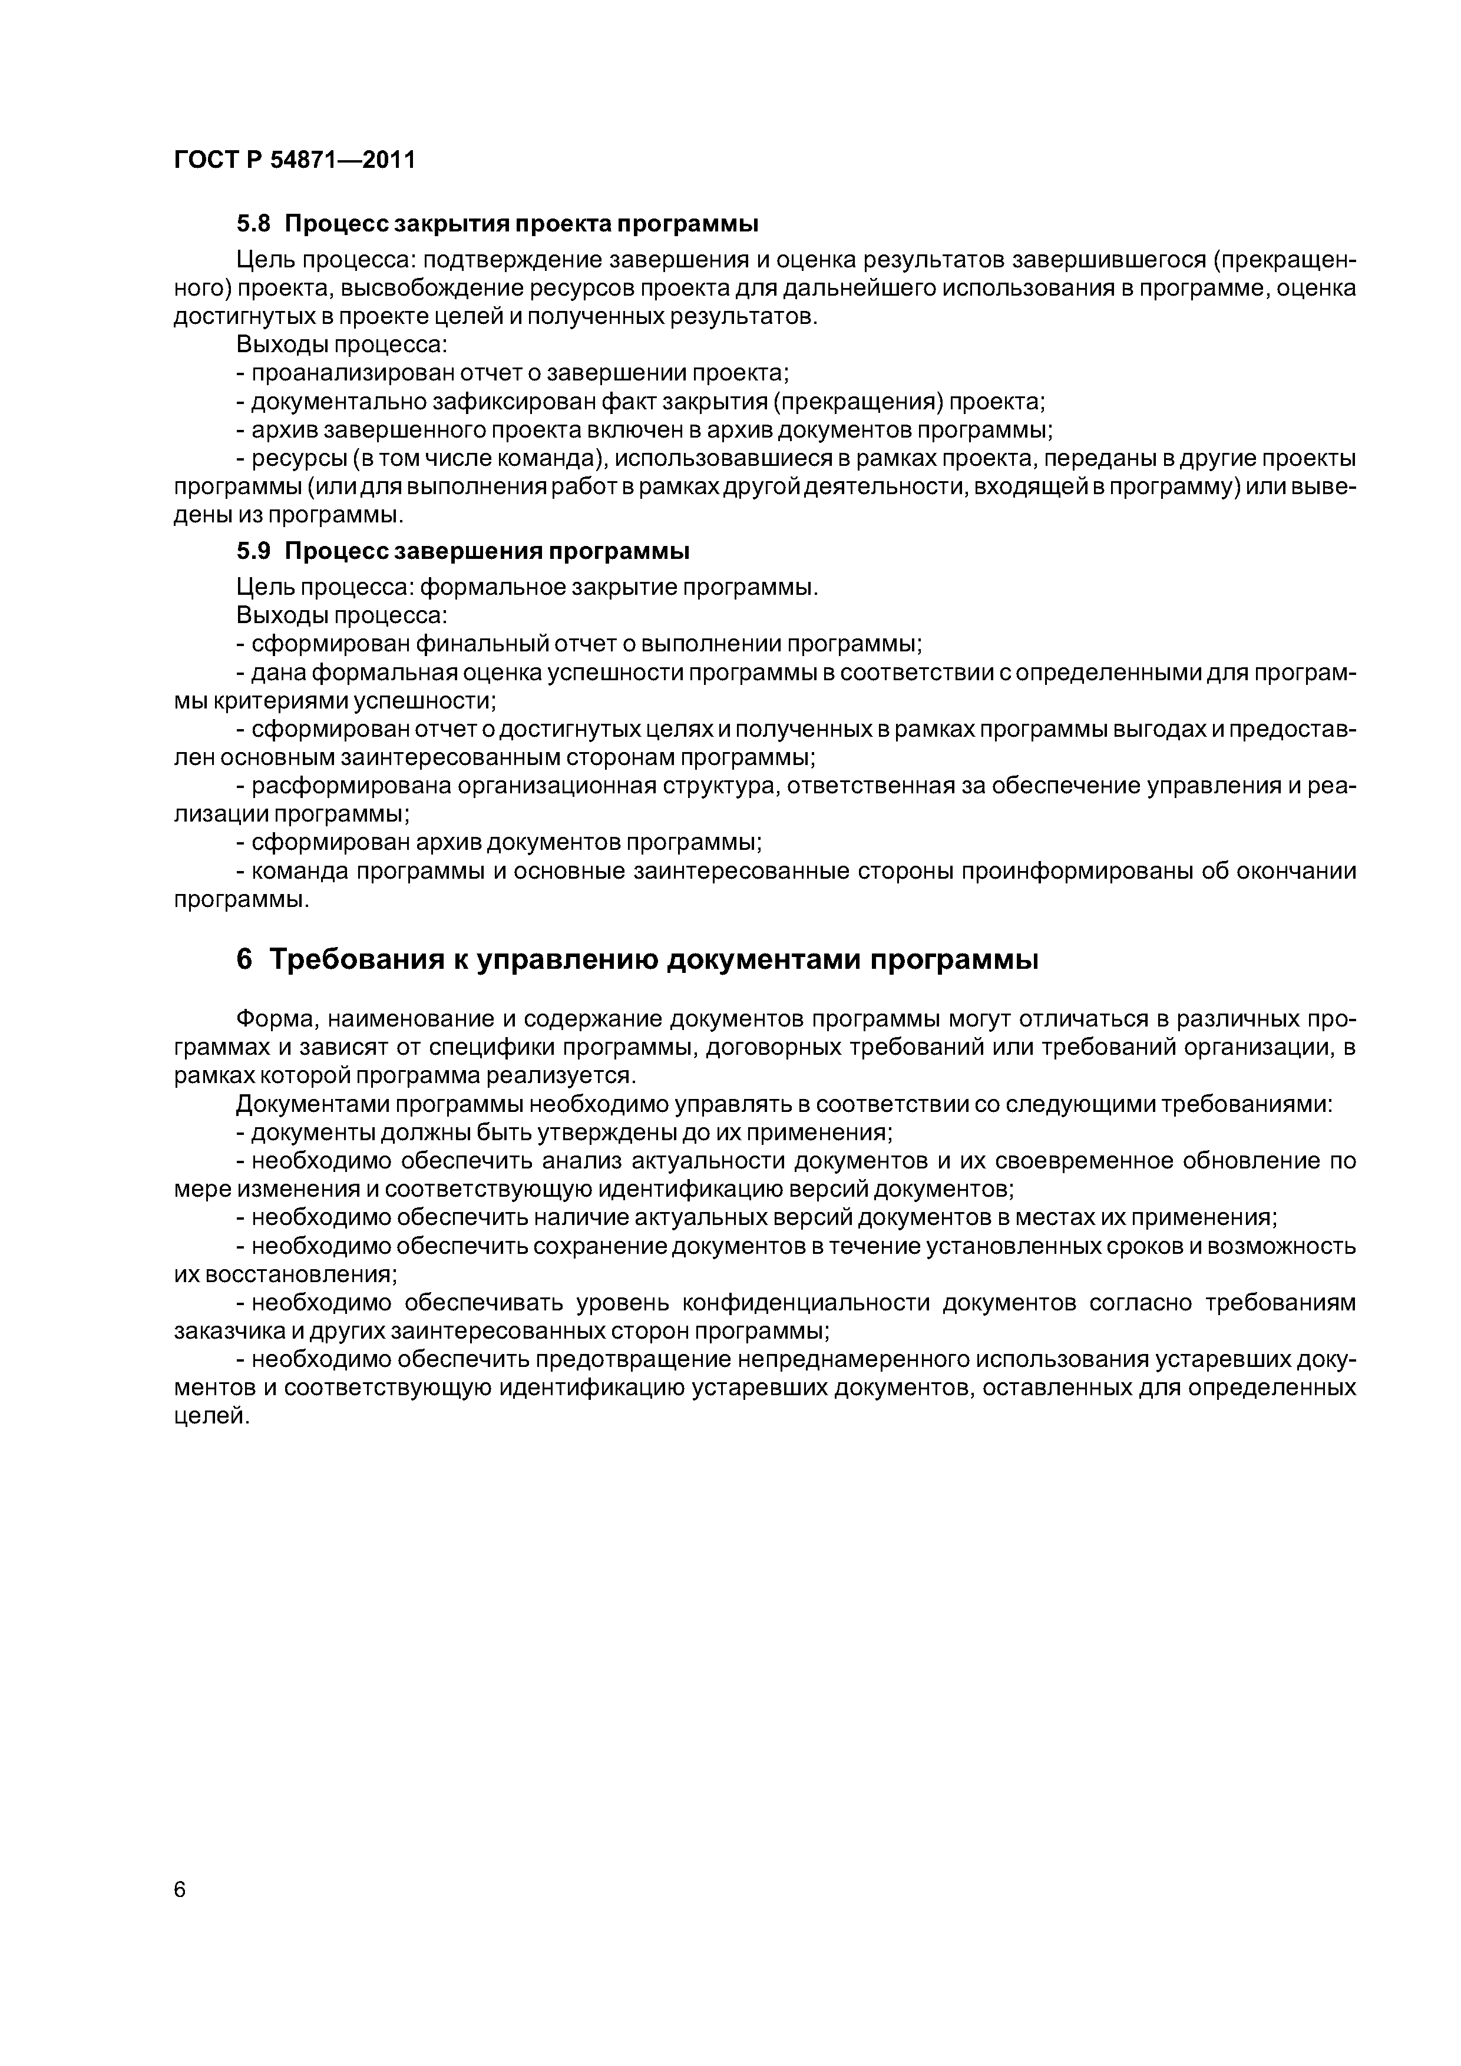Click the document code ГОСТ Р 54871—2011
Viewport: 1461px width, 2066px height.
(295, 160)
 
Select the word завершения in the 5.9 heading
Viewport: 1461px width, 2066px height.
(475, 551)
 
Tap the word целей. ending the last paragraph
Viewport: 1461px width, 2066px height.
(210, 1416)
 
